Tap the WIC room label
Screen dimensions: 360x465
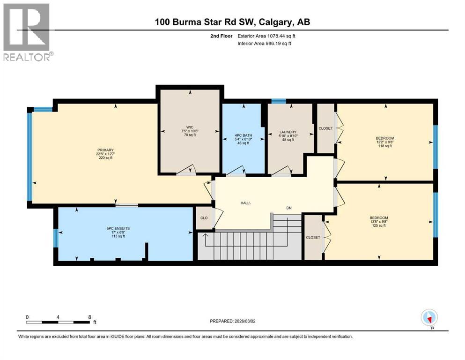[x=190, y=127]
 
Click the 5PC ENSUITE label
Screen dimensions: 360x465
[x=118, y=228]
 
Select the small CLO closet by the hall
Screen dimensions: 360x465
[x=204, y=218]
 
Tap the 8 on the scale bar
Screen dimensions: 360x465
[x=89, y=317]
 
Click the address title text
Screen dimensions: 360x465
[x=232, y=22]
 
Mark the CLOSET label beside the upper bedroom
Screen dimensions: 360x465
[x=325, y=128]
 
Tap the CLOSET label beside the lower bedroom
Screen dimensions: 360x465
[x=313, y=237]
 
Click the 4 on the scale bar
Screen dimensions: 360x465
[x=58, y=317]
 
